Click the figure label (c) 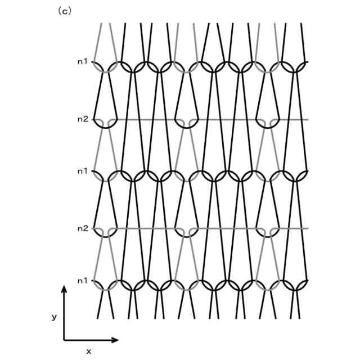[65, 11]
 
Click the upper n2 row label [82, 119]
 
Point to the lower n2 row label [82, 228]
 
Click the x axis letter [88, 351]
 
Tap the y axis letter [55, 317]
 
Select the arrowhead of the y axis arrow [64, 289]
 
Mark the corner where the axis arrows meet [64, 340]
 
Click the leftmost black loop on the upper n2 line [105, 124]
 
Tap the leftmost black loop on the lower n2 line [105, 233]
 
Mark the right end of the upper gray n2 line [307, 119]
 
